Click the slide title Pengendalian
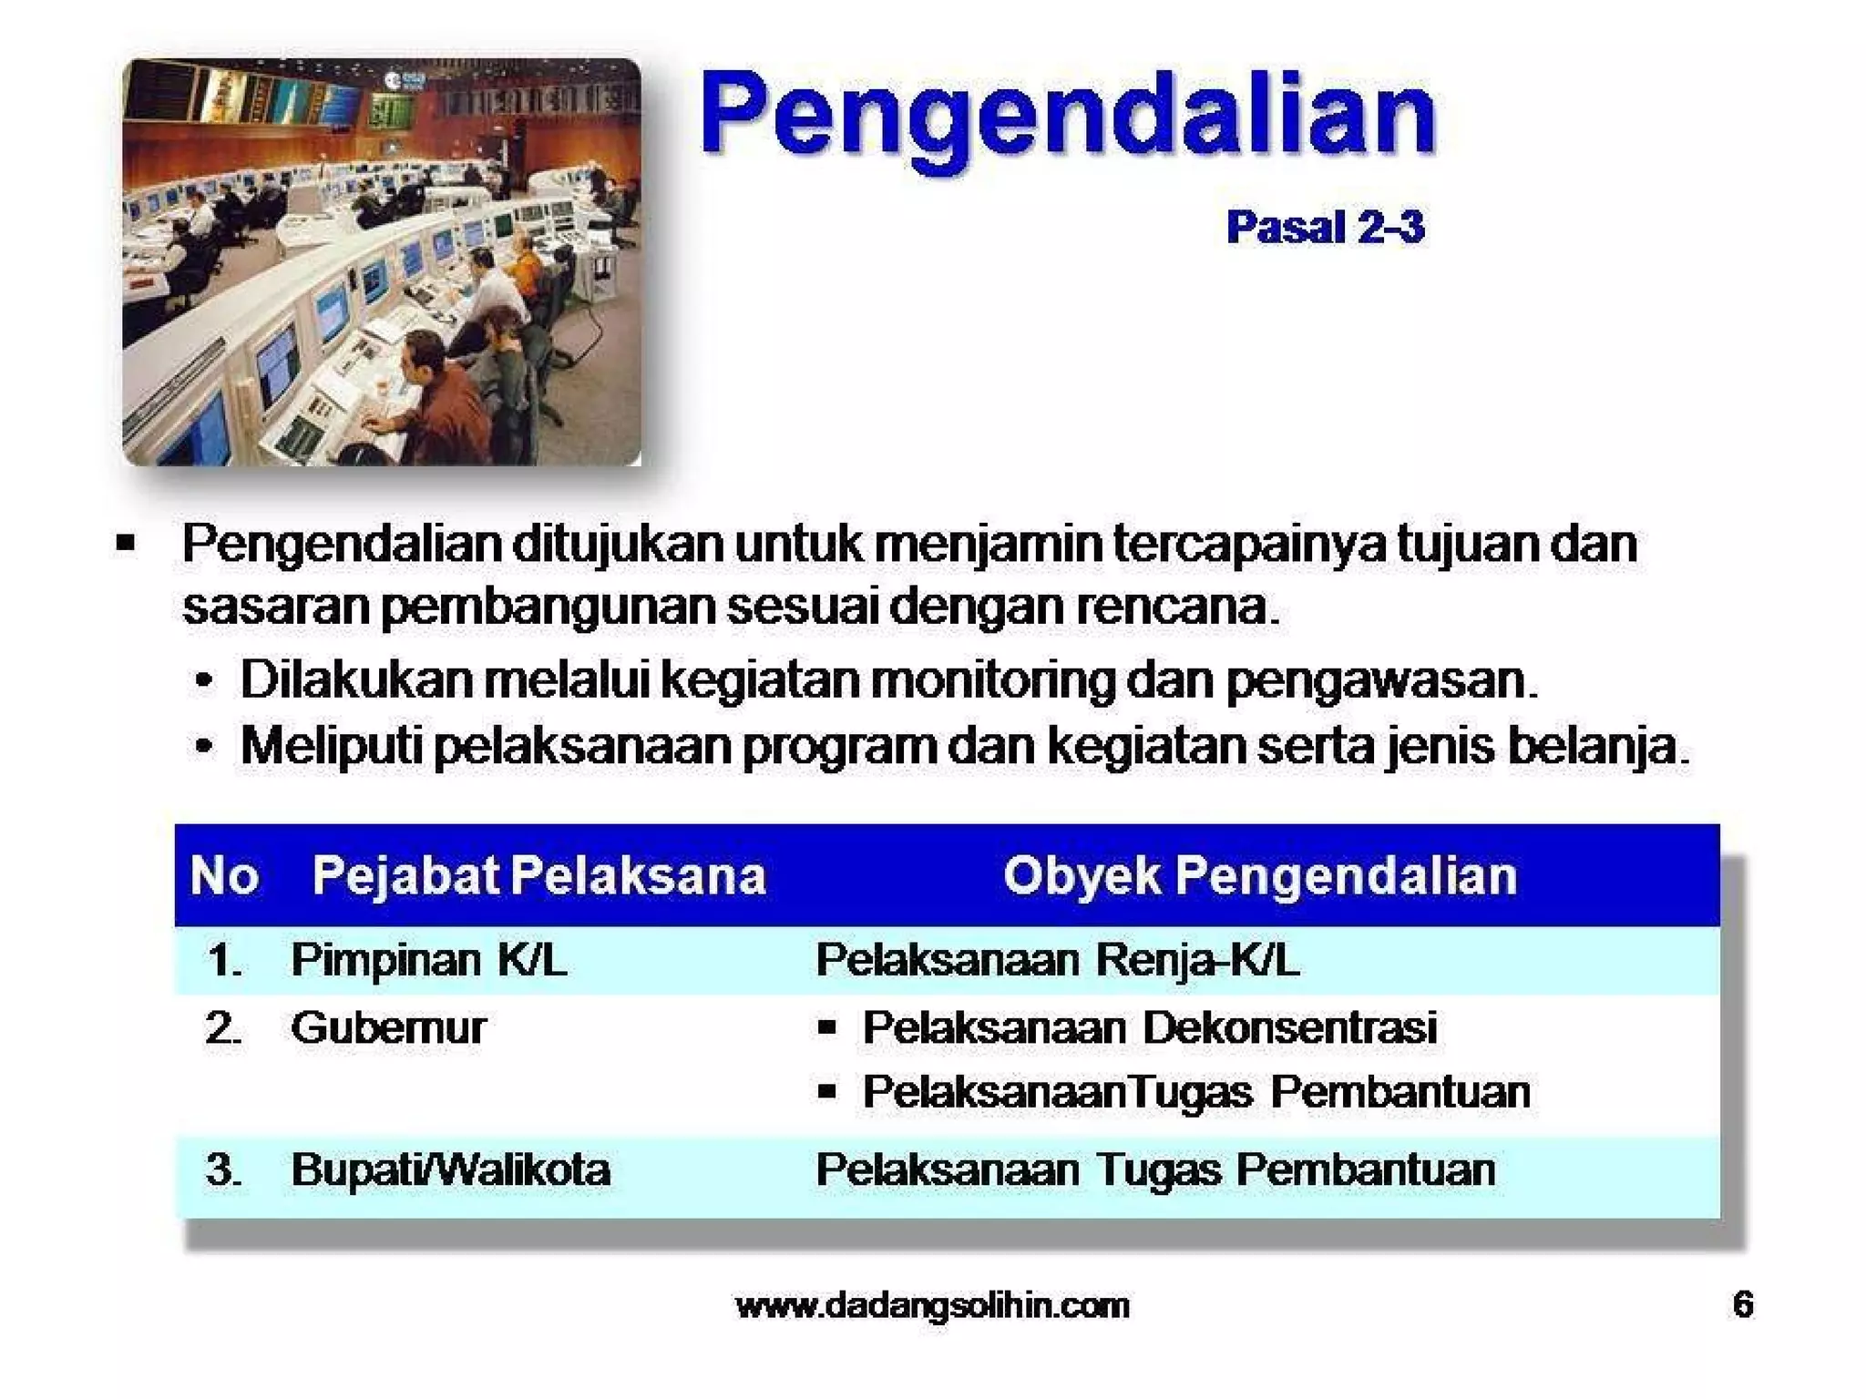coord(1068,116)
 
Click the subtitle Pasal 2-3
coord(1325,227)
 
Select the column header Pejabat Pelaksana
coord(538,875)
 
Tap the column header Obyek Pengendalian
coord(1260,875)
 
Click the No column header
coord(224,875)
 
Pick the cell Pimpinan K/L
coord(428,959)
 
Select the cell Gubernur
coord(388,1027)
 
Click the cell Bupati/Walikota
coord(450,1169)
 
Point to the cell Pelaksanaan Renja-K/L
coord(1057,959)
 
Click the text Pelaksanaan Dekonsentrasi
coord(1149,1027)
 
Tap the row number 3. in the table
coord(223,1169)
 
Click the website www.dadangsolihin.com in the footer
coord(932,1305)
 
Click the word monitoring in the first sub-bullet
coord(992,679)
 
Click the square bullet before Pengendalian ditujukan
coord(126,545)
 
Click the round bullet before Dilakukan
coord(205,681)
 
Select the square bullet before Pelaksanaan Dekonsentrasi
coord(826,1028)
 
